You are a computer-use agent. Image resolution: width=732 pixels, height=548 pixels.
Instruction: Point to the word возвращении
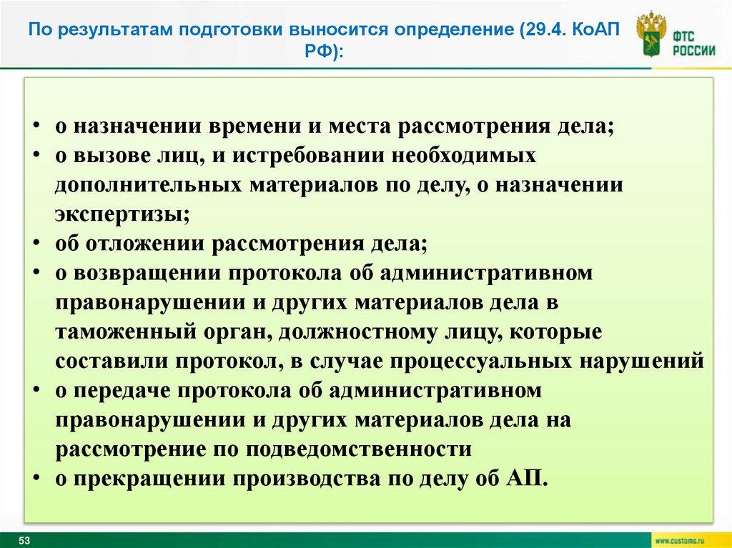(x=147, y=273)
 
